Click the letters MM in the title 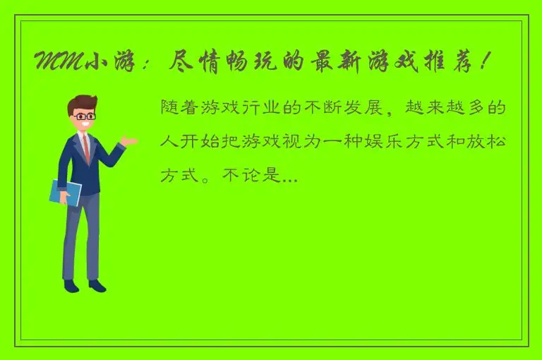pos(57,62)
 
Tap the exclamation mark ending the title pos(481,62)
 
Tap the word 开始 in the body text pos(204,142)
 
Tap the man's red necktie pos(86,146)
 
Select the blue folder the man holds pos(65,192)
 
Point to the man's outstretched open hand pos(128,141)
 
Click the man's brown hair pos(81,103)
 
